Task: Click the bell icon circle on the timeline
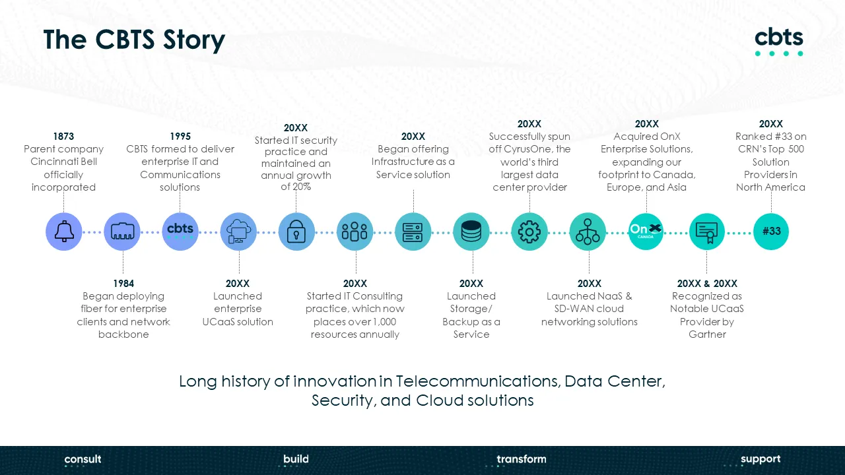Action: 64,232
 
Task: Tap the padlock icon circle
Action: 296,232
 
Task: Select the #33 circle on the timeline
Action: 771,232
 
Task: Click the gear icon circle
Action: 529,232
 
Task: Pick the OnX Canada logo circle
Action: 646,232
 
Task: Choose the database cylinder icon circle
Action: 471,232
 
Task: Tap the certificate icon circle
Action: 707,232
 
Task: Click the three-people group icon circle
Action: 355,232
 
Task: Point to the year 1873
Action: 63,136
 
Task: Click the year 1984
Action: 123,283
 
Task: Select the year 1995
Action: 180,136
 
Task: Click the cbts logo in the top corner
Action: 779,42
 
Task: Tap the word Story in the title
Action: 194,40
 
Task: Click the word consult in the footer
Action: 83,459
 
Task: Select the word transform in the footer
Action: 522,459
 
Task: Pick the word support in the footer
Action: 760,460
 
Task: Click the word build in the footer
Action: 296,459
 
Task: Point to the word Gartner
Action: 707,334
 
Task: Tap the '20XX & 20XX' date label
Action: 707,283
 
